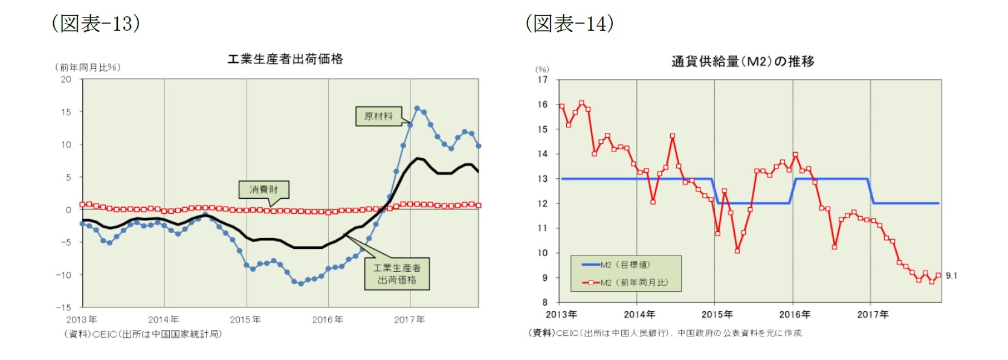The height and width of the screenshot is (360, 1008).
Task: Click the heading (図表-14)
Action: (569, 24)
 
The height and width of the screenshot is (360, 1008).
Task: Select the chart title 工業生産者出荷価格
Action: (285, 59)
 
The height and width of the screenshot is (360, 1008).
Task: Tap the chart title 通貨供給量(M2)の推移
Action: (743, 61)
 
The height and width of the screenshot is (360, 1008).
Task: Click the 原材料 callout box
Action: (378, 116)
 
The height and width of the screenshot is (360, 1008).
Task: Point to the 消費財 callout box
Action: (263, 189)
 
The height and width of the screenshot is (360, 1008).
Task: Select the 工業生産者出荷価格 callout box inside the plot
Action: (396, 274)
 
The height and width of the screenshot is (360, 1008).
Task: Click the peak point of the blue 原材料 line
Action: (417, 108)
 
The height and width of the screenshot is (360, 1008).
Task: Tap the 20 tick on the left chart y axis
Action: (66, 79)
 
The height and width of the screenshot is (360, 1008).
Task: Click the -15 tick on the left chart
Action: (63, 307)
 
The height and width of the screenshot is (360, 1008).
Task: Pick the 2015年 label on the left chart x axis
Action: (245, 320)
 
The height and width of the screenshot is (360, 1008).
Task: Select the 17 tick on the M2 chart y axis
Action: (543, 80)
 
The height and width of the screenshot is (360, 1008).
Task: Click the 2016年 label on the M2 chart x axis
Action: (794, 314)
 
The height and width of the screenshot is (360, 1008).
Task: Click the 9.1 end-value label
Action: (951, 275)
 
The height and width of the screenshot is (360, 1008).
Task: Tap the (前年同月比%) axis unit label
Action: (88, 67)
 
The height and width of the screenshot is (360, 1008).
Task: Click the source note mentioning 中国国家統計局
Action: (143, 334)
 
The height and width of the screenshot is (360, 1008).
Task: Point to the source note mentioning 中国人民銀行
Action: (665, 333)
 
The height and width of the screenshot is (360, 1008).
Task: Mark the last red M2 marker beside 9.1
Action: (938, 275)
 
